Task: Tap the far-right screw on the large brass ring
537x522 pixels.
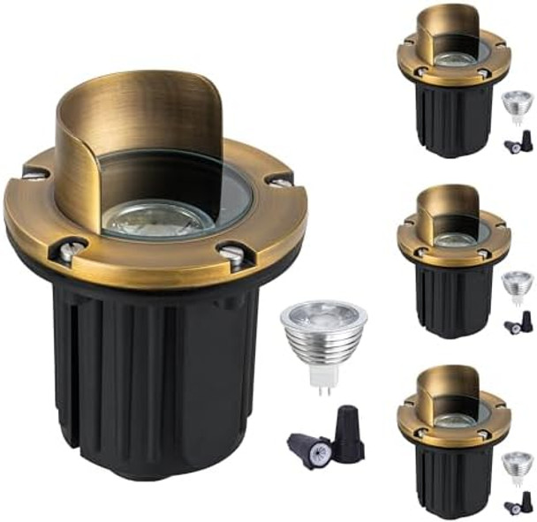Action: [x=280, y=181]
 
